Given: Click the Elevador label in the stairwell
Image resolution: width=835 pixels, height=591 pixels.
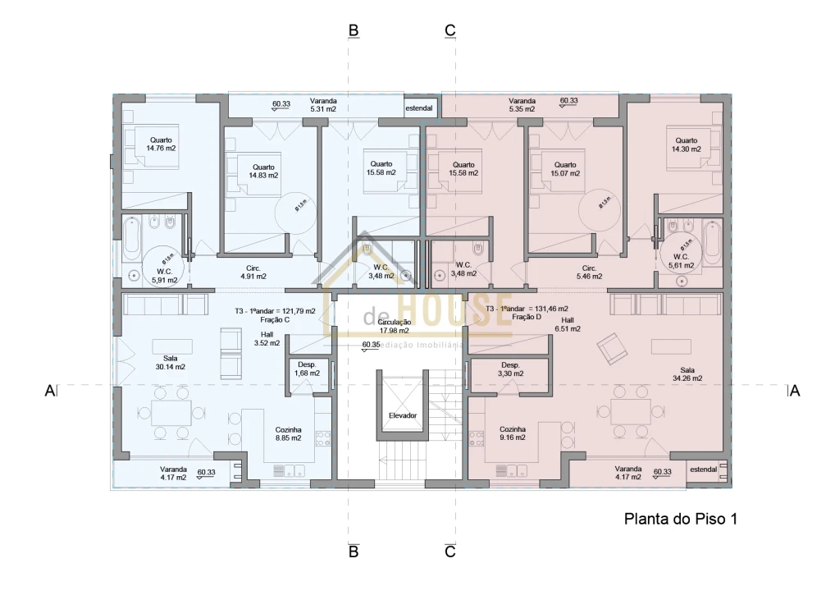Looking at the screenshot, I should (403, 415).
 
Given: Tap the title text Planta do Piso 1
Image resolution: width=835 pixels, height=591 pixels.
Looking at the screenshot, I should (682, 519).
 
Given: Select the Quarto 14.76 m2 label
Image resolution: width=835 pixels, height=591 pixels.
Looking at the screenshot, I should (161, 144).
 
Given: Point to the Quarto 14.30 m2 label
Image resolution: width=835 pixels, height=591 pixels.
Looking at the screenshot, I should (687, 144).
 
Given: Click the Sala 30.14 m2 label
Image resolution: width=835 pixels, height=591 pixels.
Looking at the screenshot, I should (170, 362).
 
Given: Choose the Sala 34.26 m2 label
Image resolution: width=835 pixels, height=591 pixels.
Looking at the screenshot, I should (687, 373).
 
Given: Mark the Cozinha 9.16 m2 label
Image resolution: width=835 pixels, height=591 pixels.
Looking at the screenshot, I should (513, 433).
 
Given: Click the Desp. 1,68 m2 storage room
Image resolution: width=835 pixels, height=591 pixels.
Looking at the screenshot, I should (307, 369).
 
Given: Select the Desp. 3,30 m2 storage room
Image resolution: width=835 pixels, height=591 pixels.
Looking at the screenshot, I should (510, 369).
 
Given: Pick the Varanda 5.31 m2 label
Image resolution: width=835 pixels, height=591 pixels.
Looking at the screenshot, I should (323, 104).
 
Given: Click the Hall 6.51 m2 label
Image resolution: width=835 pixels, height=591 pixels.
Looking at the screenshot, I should (567, 324).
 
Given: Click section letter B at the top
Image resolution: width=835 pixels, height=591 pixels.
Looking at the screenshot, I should (354, 30).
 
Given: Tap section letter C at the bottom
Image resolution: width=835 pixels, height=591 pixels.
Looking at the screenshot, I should (449, 552).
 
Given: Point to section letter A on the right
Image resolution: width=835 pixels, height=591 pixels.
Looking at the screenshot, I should (793, 391).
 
